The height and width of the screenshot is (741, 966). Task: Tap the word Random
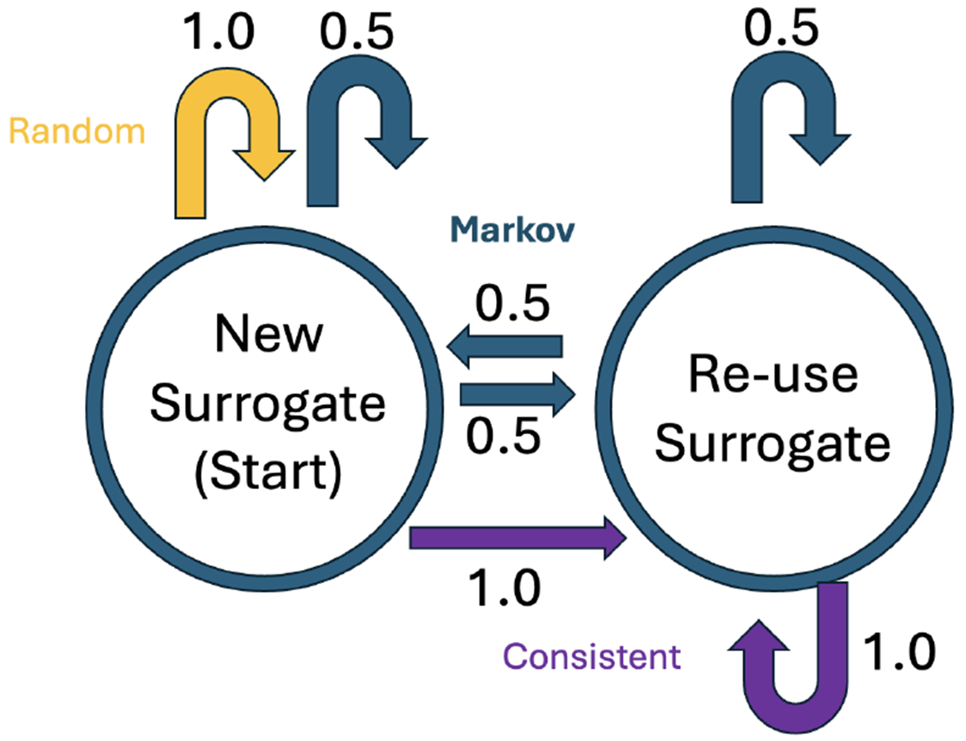77,131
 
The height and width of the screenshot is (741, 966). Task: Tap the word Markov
512,229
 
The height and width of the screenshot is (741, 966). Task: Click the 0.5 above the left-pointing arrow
512,303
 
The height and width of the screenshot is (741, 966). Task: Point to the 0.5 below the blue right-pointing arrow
503,436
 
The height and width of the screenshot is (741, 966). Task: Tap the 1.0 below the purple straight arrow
504,588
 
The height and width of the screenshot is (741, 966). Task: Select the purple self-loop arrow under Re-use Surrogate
833,667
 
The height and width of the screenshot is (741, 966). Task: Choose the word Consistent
592,656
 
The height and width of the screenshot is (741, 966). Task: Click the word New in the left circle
269,335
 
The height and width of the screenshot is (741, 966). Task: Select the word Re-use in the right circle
773,375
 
